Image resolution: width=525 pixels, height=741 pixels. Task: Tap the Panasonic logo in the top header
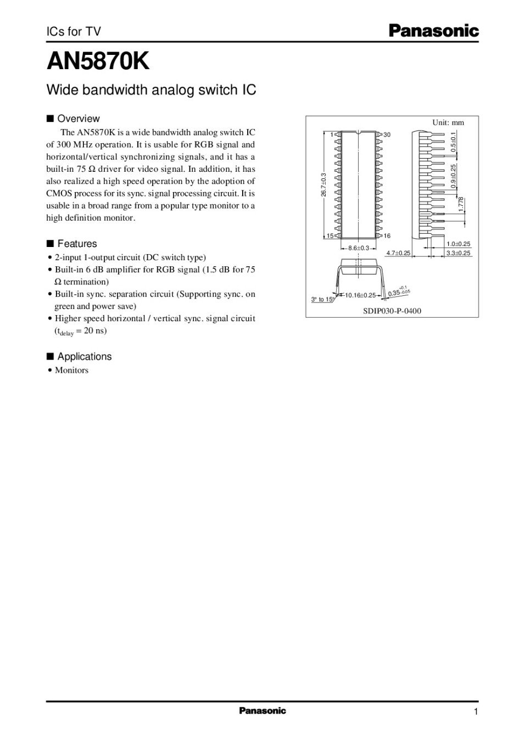[x=434, y=31]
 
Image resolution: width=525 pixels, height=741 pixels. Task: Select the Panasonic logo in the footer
[x=262, y=711]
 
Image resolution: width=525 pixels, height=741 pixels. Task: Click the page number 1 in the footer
[x=476, y=712]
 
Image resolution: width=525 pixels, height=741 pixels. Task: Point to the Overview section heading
[x=79, y=119]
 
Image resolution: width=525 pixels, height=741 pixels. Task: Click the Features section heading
[x=77, y=244]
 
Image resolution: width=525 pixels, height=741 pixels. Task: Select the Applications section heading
[x=84, y=357]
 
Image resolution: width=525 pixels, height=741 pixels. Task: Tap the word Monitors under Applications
[x=71, y=370]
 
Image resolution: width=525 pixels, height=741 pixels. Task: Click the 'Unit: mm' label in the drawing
[x=448, y=122]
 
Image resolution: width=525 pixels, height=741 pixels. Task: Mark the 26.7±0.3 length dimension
[x=324, y=185]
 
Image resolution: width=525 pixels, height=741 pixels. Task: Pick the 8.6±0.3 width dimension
[x=359, y=248]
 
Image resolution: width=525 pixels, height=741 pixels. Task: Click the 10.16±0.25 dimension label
[x=360, y=295]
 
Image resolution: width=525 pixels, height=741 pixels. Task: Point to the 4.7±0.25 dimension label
[x=398, y=253]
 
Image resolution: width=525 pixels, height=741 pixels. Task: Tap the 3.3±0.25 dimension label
[x=458, y=253]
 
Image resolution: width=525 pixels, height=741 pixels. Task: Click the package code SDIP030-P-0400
[x=392, y=311]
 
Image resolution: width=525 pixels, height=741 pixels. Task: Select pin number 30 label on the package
[x=387, y=134]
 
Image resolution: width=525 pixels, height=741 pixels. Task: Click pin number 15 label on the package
[x=330, y=235]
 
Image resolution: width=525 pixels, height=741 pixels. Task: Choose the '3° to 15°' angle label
[x=322, y=299]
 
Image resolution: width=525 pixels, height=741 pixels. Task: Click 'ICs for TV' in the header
[x=74, y=32]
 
